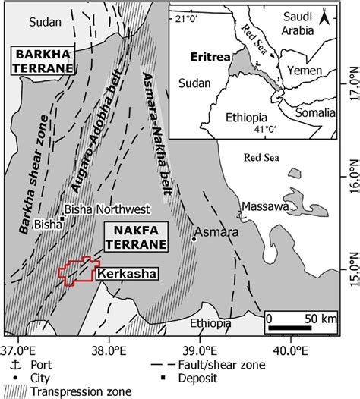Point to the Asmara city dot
click(x=194, y=239)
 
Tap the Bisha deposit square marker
click(x=62, y=218)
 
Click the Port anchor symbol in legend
click(x=9, y=365)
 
